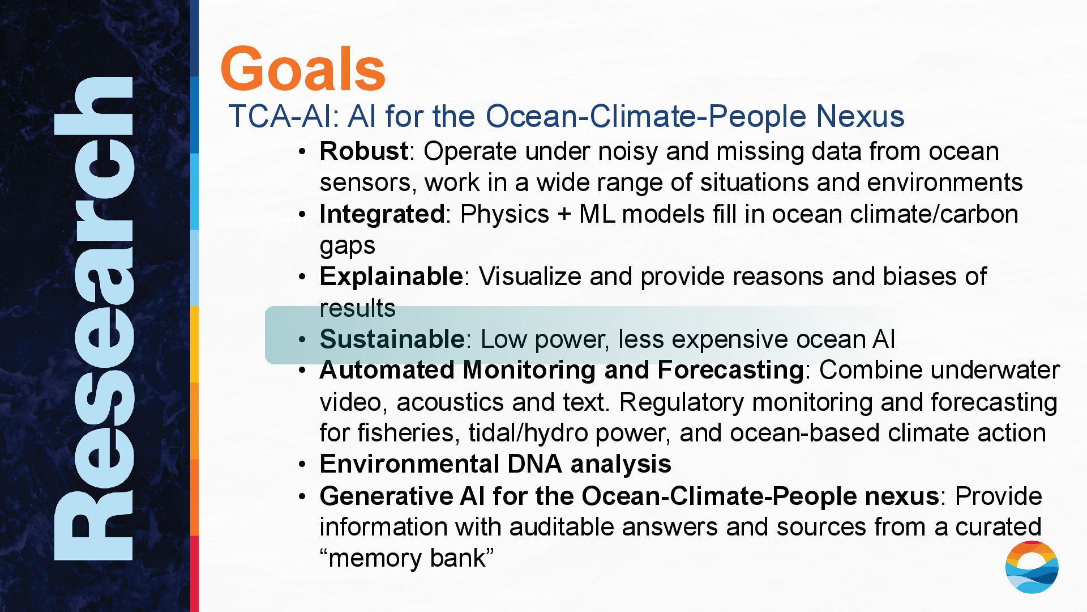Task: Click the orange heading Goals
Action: [x=303, y=69]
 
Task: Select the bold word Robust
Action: [x=363, y=151]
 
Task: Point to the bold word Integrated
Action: [x=382, y=214]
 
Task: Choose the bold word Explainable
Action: [x=391, y=277]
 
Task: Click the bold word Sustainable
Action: [x=392, y=339]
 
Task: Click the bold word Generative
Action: [x=386, y=496]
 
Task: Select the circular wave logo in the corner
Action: [x=1032, y=567]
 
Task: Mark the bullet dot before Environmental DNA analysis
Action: [x=303, y=465]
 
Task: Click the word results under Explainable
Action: [x=357, y=308]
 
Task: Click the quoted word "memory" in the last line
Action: [x=374, y=558]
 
